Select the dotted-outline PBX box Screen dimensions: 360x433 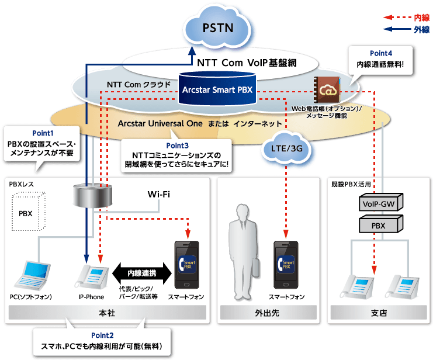(26, 213)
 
